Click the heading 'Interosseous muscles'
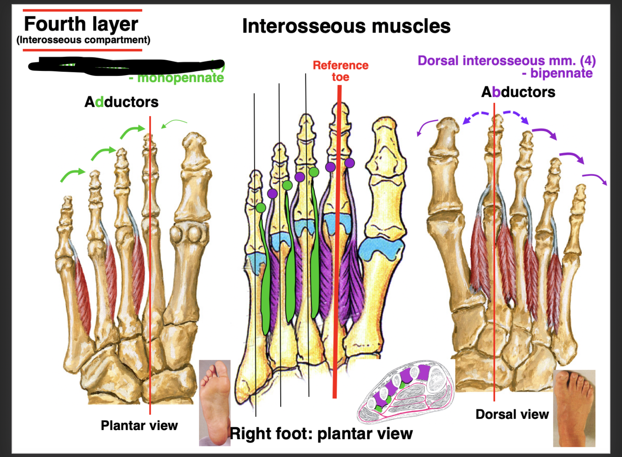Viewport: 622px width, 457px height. (x=346, y=26)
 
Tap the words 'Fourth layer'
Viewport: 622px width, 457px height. (x=81, y=24)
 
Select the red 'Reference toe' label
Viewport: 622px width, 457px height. (x=340, y=71)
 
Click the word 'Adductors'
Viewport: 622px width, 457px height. (x=121, y=102)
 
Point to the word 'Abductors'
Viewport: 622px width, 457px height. (x=518, y=92)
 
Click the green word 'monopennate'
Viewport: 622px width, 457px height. (x=180, y=78)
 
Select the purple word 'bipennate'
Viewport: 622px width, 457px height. (x=561, y=73)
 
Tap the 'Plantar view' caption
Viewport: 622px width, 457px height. (x=139, y=425)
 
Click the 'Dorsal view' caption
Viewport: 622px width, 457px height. (x=512, y=414)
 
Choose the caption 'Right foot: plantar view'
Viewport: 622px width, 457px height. (x=321, y=433)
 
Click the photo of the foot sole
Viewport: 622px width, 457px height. (x=215, y=402)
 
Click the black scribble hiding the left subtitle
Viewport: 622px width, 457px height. (x=126, y=65)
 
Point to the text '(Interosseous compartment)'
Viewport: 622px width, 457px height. (x=83, y=40)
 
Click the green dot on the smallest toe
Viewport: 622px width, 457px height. (x=261, y=207)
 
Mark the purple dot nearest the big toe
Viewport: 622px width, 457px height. (x=349, y=163)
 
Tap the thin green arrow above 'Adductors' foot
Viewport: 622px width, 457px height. (x=173, y=123)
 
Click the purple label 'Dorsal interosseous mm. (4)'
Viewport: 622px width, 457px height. (x=506, y=61)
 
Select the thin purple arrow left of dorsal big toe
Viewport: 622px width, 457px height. (x=427, y=127)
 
